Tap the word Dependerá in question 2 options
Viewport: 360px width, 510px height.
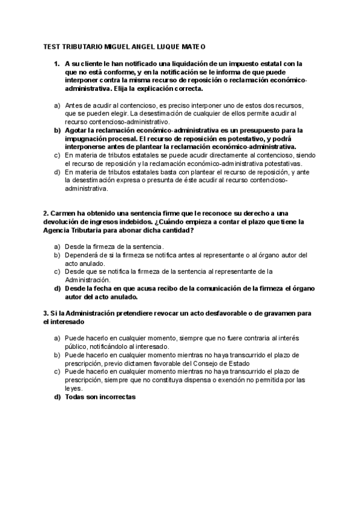[x=82, y=255]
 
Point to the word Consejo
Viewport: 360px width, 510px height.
[x=216, y=363]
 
